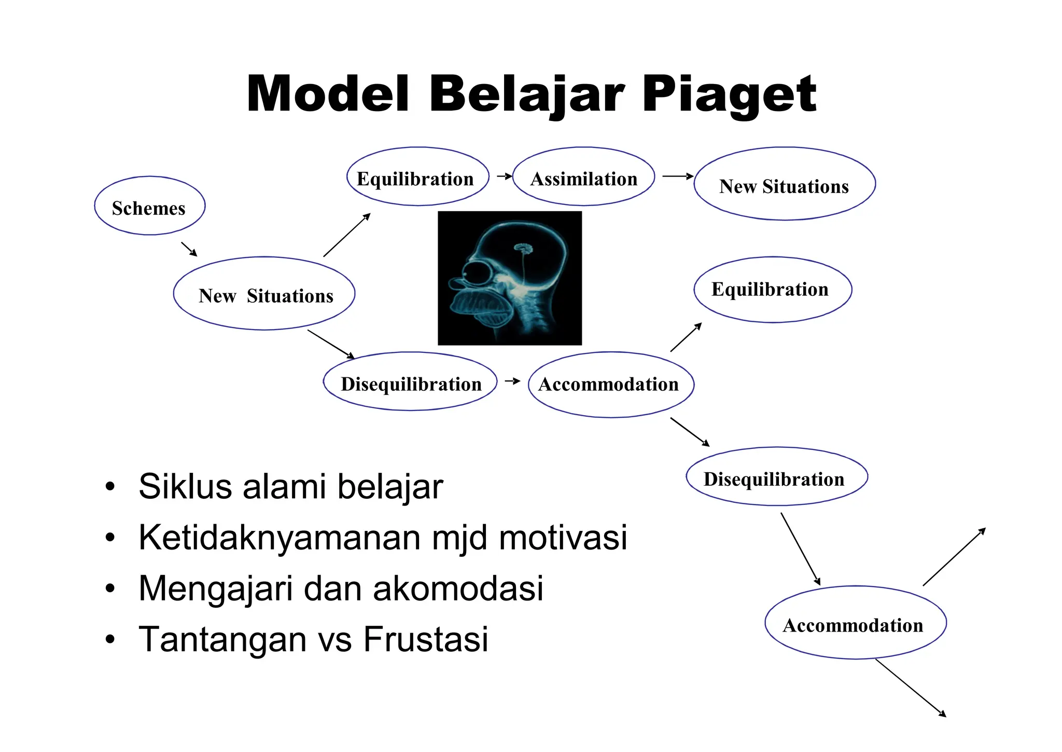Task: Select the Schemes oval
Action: (149, 206)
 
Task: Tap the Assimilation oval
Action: (583, 177)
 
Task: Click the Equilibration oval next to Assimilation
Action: (417, 177)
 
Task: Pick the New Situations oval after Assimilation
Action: (784, 184)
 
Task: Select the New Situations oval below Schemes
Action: (264, 294)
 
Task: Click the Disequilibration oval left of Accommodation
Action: (410, 382)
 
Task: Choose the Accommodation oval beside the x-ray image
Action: (610, 385)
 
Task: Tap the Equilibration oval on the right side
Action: (772, 290)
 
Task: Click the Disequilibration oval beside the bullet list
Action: (776, 477)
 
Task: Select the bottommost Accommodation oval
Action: (855, 623)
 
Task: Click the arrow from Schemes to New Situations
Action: (189, 249)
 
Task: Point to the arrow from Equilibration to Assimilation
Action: (504, 176)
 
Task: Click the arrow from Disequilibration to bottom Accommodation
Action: (800, 549)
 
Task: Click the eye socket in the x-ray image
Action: (474, 274)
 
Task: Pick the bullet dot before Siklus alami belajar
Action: (109, 487)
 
